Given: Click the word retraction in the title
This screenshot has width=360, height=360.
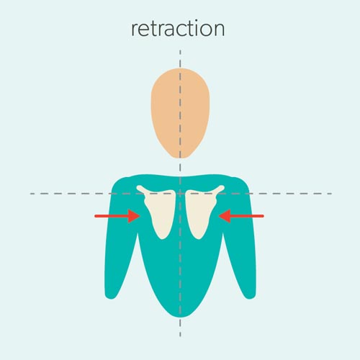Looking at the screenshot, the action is [x=178, y=29].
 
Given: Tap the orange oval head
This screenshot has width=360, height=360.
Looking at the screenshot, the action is [x=180, y=113].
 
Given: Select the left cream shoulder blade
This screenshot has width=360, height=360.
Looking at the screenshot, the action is [x=159, y=211].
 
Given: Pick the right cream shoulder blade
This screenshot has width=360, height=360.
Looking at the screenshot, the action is [x=202, y=211].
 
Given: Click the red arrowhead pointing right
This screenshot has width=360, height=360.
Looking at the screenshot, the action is [x=134, y=216].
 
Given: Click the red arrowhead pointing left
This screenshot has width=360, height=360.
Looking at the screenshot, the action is [x=225, y=216].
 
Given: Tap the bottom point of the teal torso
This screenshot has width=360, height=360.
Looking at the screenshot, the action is [x=181, y=317].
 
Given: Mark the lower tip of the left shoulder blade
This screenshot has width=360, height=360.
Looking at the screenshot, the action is [x=163, y=239].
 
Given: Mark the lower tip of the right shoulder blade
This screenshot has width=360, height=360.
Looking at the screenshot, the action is [x=199, y=239].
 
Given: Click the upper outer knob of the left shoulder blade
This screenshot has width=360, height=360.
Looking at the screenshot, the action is [x=139, y=188].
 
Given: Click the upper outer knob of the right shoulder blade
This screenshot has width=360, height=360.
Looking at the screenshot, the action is [x=222, y=188].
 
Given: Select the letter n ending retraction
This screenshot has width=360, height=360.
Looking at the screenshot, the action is [x=219, y=30].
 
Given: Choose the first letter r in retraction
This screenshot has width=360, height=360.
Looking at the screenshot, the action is [x=135, y=30].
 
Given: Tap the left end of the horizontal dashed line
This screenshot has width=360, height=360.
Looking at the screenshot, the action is [x=30, y=194].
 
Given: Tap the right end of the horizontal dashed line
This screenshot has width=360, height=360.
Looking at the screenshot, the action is [x=332, y=194].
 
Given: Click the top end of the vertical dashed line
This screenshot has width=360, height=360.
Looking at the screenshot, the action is [x=180, y=50].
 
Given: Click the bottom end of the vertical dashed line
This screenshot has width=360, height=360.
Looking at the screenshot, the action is [x=180, y=336].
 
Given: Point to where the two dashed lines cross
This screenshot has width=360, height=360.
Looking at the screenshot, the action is [x=180, y=194].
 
